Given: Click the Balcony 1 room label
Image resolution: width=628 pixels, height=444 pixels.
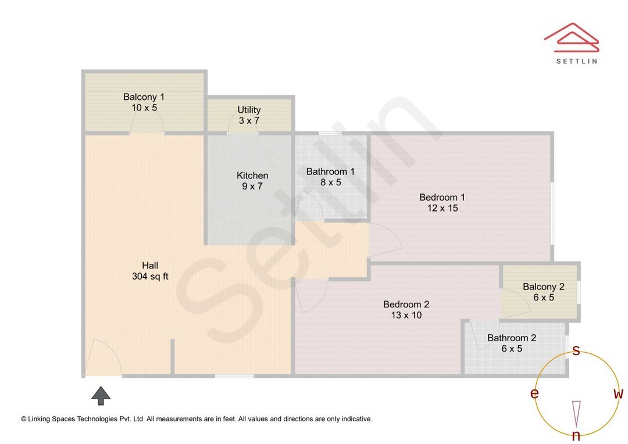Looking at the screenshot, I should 144,97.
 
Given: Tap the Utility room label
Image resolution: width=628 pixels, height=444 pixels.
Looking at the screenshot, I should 249,110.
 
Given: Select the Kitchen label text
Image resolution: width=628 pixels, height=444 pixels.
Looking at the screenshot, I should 252,176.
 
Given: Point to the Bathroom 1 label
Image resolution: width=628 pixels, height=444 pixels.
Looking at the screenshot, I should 330,171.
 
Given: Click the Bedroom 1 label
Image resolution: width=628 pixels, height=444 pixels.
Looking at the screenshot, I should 442,198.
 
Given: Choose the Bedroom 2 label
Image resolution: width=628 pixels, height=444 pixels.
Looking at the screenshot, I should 406,305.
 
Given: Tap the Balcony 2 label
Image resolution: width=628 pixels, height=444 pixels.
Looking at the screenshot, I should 543,287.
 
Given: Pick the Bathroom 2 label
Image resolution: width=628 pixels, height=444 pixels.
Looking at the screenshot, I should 512,338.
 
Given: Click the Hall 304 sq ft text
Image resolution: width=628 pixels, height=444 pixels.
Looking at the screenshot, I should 150,271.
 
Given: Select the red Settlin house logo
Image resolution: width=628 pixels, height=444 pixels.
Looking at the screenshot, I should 572,36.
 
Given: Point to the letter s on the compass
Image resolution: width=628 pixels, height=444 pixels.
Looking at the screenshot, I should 576,350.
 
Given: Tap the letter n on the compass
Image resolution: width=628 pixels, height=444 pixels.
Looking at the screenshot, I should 576,436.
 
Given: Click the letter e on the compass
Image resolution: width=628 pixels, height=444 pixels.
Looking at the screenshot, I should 534,394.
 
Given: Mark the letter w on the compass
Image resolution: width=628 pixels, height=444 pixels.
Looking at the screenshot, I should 618,394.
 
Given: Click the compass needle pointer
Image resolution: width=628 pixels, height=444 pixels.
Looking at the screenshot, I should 576,413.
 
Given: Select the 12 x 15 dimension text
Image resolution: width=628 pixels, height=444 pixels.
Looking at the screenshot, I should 442,208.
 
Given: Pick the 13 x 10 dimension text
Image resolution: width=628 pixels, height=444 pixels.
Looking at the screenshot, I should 406,315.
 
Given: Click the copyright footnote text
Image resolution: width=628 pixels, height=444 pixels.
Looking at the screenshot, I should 197,418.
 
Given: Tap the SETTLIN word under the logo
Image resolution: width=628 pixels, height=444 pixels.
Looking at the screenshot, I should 576,60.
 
